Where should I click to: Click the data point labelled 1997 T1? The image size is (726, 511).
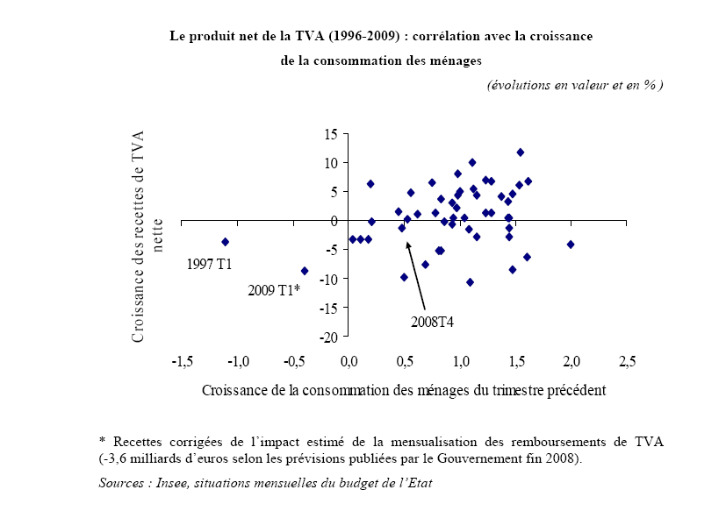(x=226, y=241)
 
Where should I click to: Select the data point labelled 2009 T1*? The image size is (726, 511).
(x=305, y=271)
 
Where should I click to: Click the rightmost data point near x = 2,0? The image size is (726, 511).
(x=571, y=245)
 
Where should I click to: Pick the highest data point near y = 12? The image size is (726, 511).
(x=521, y=153)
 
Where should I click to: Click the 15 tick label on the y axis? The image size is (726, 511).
(x=331, y=134)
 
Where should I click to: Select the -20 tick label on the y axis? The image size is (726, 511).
(x=328, y=337)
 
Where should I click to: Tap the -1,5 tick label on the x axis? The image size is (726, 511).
(x=183, y=360)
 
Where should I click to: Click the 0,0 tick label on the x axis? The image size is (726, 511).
(x=349, y=360)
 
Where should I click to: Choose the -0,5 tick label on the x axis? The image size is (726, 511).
(x=294, y=360)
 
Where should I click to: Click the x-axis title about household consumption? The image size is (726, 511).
(x=404, y=387)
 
